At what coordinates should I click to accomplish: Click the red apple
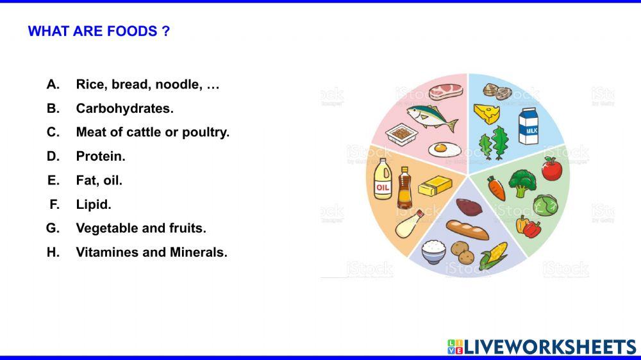(x=551, y=168)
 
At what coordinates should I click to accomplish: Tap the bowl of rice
(x=434, y=250)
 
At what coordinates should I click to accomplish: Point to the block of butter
(x=435, y=186)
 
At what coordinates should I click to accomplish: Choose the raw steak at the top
(x=445, y=91)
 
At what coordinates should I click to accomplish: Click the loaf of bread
(x=467, y=229)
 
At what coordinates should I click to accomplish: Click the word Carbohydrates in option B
(x=124, y=108)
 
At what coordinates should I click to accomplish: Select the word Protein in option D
(x=101, y=156)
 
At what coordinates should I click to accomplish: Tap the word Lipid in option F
(x=94, y=204)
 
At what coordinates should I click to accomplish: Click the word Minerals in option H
(x=198, y=252)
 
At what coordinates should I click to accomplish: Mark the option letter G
(x=53, y=228)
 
